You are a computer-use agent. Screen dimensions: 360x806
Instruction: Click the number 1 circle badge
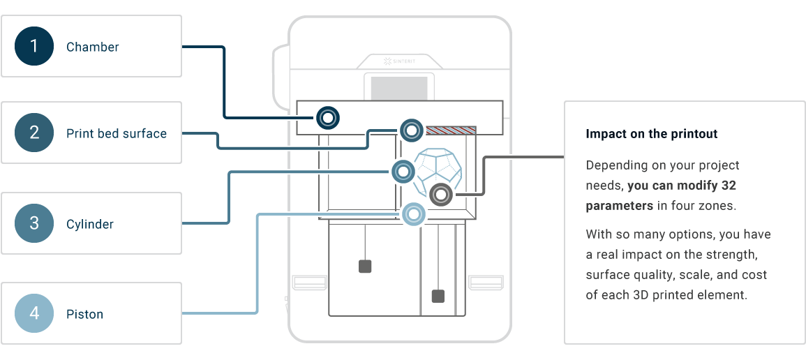point(34,47)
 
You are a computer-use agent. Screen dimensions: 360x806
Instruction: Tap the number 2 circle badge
point(34,133)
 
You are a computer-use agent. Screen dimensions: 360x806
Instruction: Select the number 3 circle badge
point(34,223)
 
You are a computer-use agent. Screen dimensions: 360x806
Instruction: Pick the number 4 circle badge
point(34,313)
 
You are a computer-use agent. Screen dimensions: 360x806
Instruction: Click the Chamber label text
point(93,47)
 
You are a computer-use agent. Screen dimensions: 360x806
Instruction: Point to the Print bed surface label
point(117,133)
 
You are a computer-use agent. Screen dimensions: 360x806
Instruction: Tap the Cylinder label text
point(90,224)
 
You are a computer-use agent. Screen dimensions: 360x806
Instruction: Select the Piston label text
point(85,314)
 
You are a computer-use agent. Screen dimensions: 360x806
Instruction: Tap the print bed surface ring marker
point(411,130)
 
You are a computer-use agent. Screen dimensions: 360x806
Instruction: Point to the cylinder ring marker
point(403,171)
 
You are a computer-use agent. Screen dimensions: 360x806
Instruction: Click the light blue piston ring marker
point(413,213)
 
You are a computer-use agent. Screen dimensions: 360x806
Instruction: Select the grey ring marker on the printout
point(440,195)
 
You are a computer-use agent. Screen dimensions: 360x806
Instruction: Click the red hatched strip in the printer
point(451,130)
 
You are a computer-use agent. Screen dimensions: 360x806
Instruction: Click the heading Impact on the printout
point(651,134)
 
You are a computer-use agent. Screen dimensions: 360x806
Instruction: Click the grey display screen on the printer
point(399,89)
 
